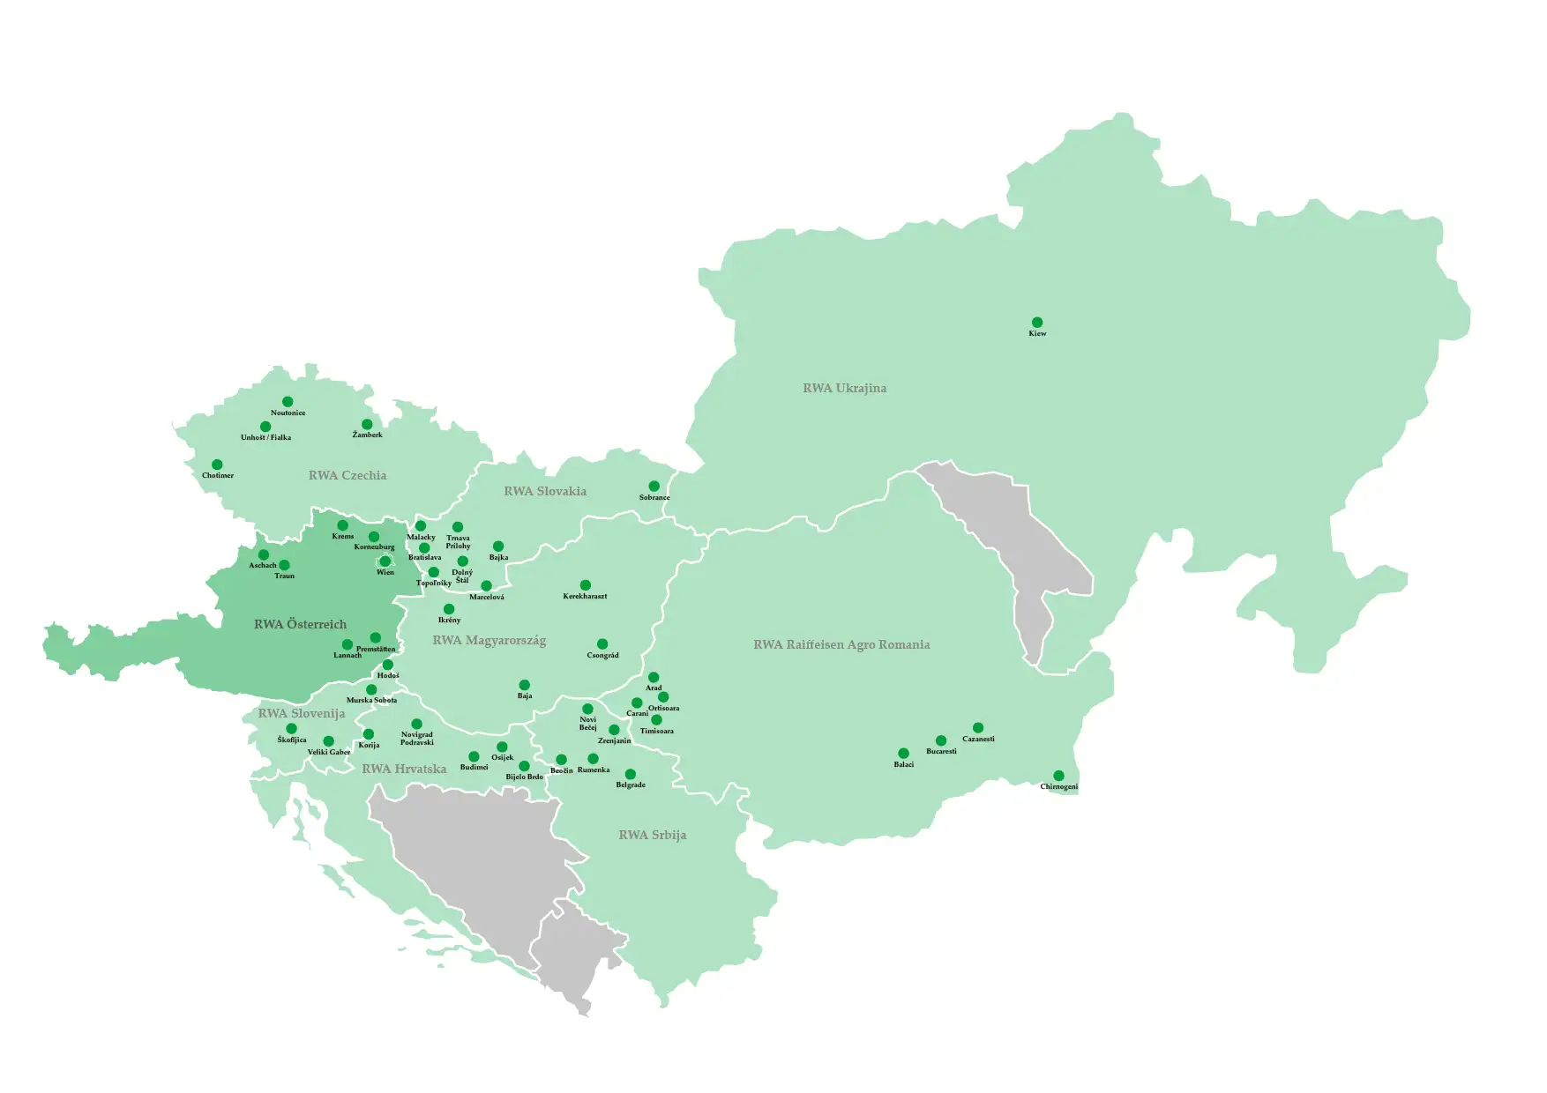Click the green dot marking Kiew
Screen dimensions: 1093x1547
click(x=1037, y=323)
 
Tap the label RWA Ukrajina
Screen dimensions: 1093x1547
click(x=844, y=388)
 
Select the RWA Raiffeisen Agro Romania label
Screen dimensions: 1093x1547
click(x=841, y=644)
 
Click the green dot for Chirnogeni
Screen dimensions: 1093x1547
click(x=1058, y=776)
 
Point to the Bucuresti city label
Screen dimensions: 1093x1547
click(x=941, y=752)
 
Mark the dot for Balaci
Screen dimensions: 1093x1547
click(x=903, y=754)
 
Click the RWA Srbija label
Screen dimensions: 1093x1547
click(x=652, y=835)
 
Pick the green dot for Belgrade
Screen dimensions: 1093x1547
click(x=630, y=774)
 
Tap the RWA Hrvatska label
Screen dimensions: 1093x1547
click(x=404, y=769)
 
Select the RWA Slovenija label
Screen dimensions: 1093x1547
click(x=302, y=713)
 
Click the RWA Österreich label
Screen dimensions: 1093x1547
click(x=300, y=624)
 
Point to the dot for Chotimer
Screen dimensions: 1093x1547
click(x=217, y=465)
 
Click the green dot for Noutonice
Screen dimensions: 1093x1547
click(x=288, y=402)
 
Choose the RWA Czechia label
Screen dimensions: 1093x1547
click(x=348, y=475)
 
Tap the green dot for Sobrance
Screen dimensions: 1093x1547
click(x=654, y=487)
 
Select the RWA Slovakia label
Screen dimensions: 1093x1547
click(x=545, y=491)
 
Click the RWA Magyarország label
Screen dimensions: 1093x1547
click(x=490, y=640)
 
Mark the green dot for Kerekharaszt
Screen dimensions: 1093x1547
click(x=585, y=585)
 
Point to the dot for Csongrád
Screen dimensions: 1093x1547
click(x=602, y=644)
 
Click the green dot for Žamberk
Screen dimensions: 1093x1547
click(x=367, y=424)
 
